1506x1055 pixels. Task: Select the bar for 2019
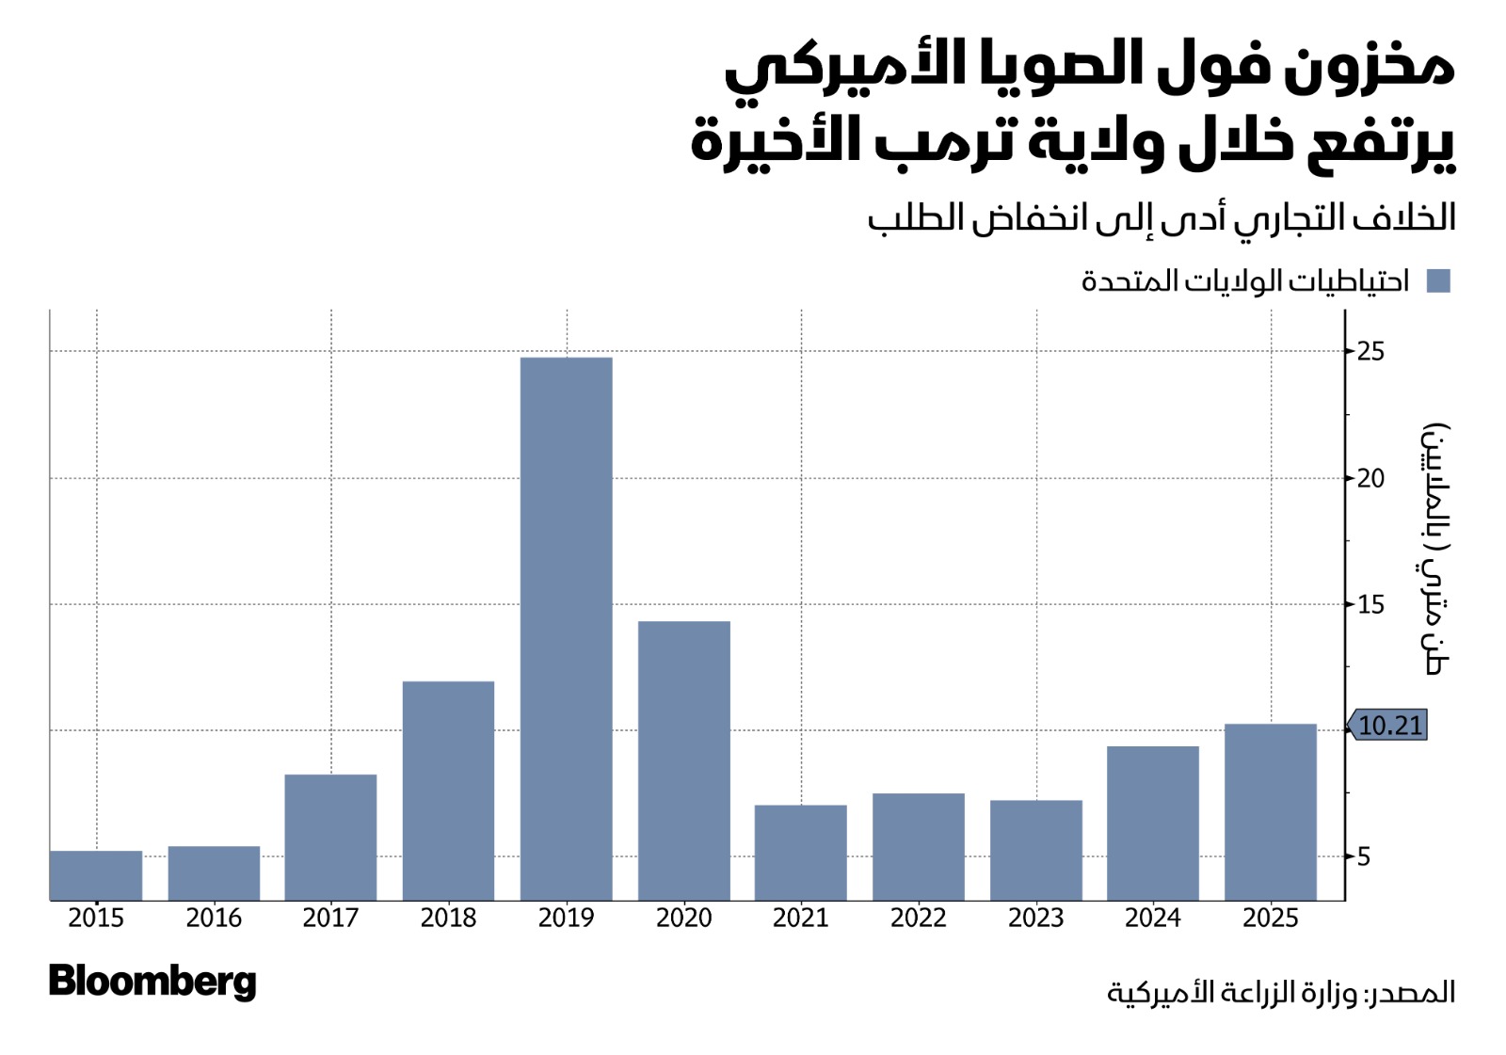point(566,629)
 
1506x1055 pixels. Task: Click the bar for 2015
point(96,875)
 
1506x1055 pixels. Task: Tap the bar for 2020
point(683,760)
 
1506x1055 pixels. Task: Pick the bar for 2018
point(448,791)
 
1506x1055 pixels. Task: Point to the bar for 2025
point(1270,811)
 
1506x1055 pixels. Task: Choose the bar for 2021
point(800,853)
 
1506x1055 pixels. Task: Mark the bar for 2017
point(330,837)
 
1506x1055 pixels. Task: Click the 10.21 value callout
point(1389,726)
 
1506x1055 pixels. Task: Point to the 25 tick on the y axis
point(1370,352)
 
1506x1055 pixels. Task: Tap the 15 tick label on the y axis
point(1370,604)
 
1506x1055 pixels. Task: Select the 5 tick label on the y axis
point(1364,857)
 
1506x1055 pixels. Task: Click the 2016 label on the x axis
point(214,918)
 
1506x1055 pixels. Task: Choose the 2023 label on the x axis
point(1035,918)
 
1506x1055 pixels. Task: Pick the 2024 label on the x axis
point(1152,918)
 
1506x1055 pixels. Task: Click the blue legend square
point(1438,280)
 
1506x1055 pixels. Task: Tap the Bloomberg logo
point(152,982)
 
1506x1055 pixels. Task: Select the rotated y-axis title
point(1434,549)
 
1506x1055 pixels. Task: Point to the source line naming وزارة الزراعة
point(1280,992)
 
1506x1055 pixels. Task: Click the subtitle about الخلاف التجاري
point(1162,218)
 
